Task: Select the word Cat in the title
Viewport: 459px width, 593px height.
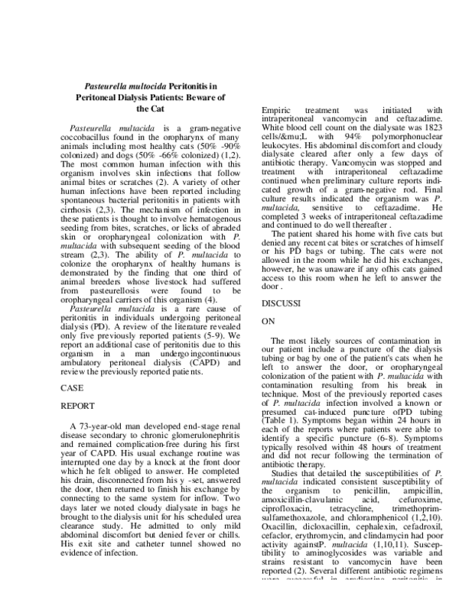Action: click(x=158, y=109)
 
